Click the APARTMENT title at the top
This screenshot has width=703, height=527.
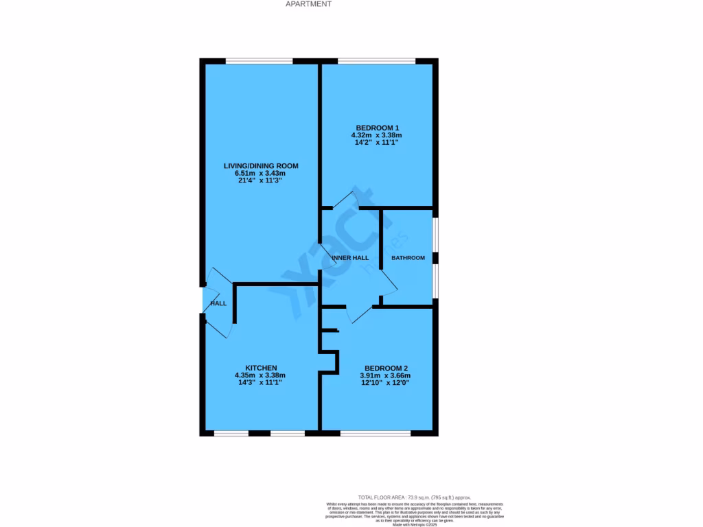(x=308, y=4)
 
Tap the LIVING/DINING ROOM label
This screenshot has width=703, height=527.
(x=261, y=166)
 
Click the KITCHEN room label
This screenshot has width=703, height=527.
(x=261, y=367)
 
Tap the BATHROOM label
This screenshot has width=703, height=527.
(x=408, y=258)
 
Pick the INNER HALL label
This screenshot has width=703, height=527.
(x=350, y=258)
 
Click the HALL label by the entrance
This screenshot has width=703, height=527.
(x=218, y=303)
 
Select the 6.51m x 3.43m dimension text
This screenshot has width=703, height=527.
(x=261, y=174)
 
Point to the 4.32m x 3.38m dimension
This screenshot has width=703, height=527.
(x=376, y=136)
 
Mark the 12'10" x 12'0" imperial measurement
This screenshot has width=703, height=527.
(x=385, y=383)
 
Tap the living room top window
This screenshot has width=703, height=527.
(x=260, y=61)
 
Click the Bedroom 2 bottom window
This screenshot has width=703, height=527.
(x=375, y=433)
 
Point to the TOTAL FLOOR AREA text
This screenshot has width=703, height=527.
(x=415, y=497)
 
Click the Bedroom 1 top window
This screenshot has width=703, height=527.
(x=376, y=61)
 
